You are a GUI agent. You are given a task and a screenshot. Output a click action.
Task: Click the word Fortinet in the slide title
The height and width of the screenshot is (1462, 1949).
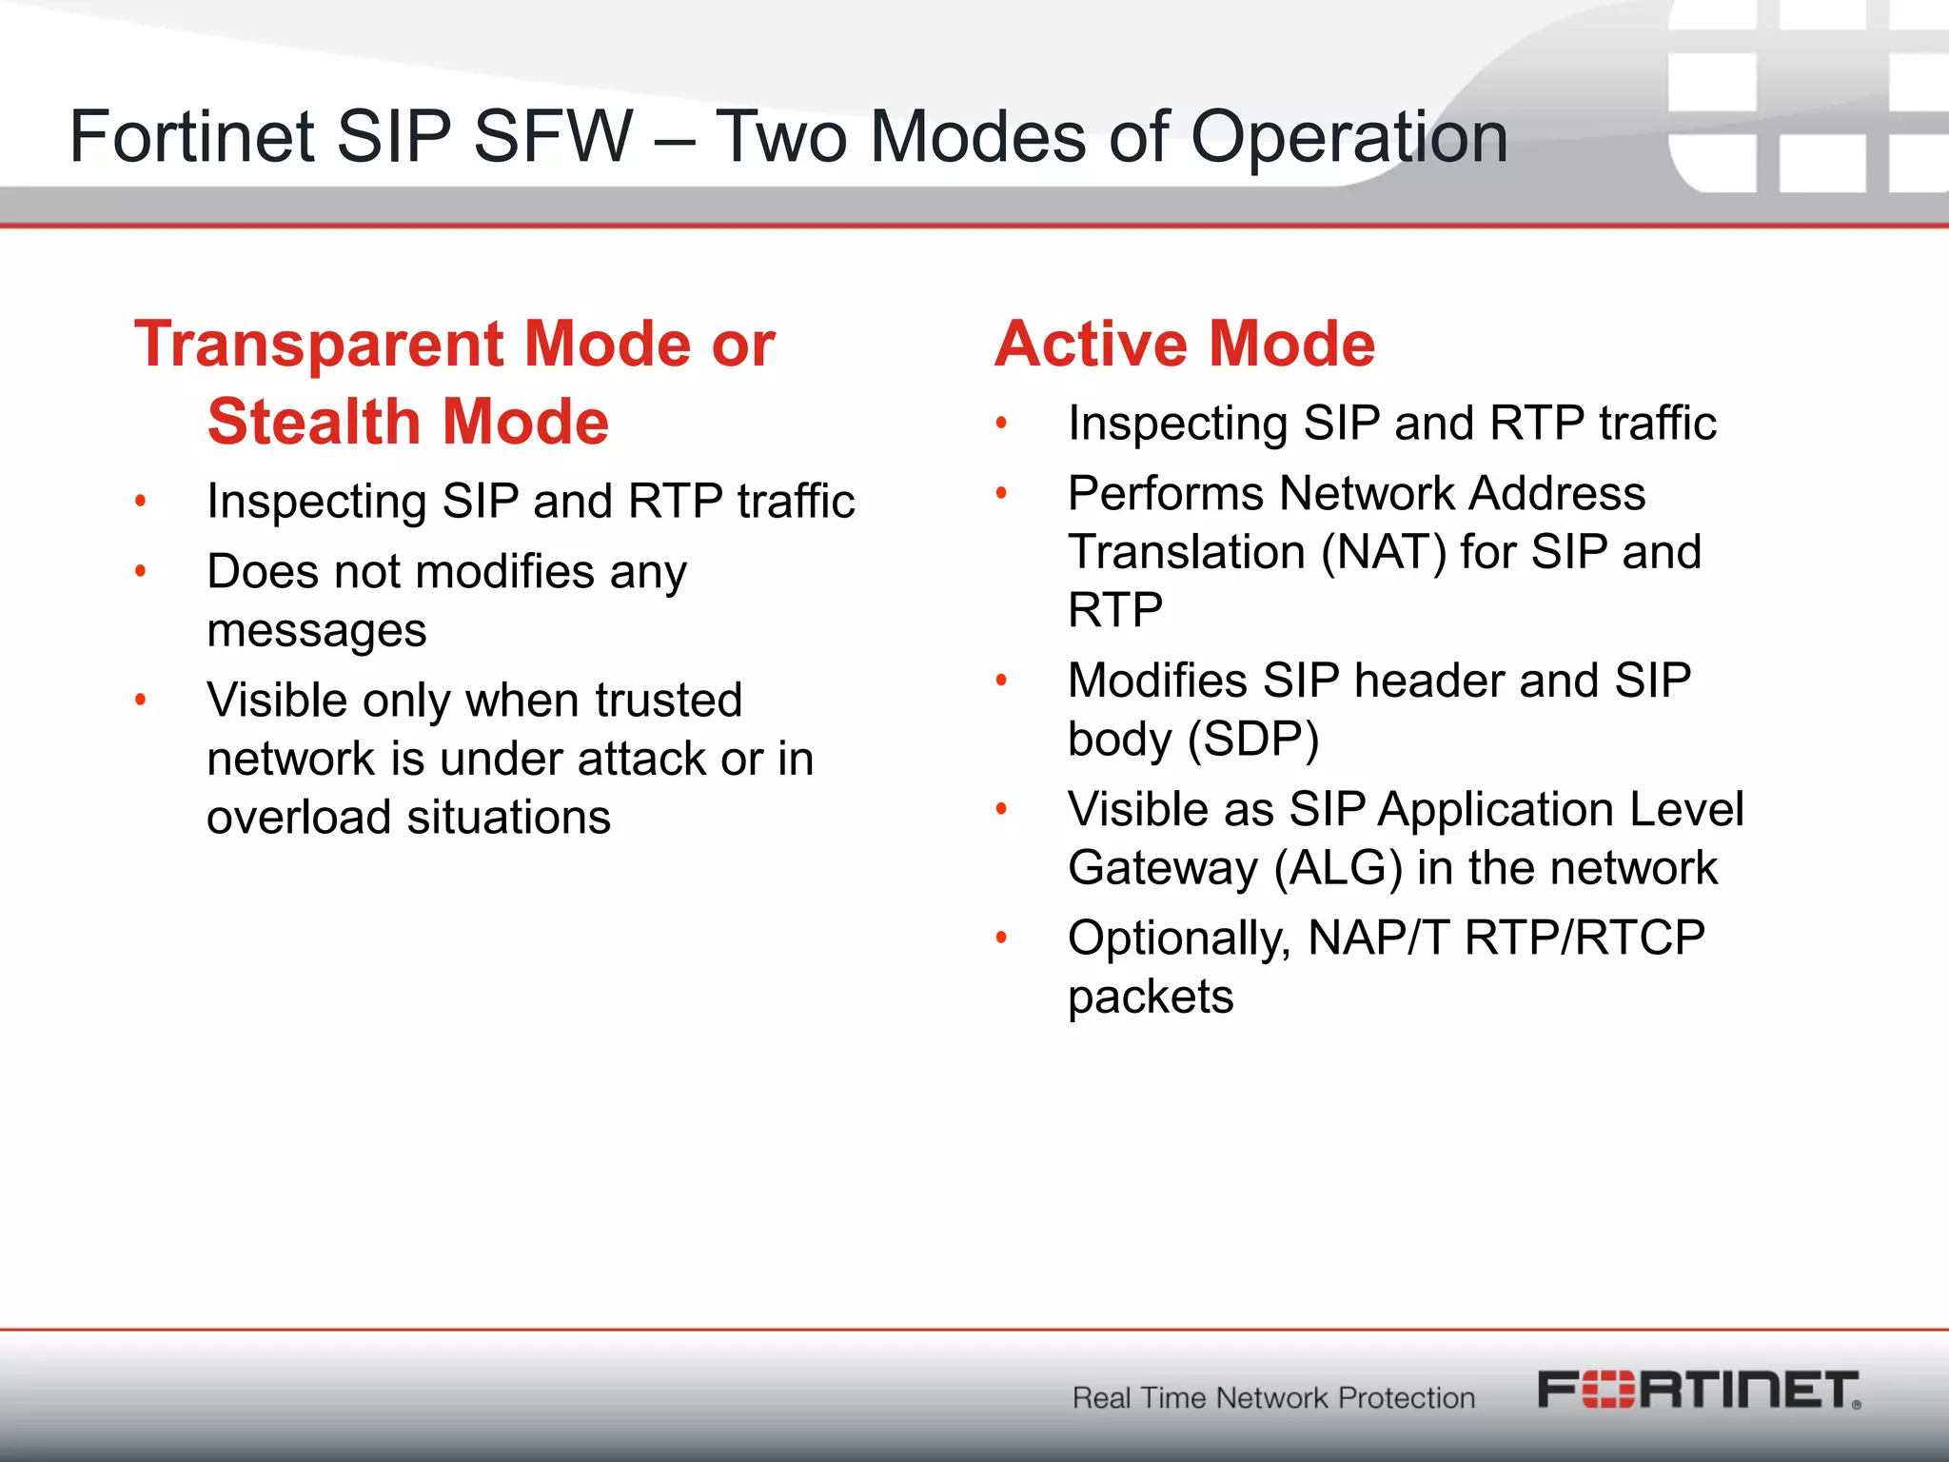pyautogui.click(x=191, y=137)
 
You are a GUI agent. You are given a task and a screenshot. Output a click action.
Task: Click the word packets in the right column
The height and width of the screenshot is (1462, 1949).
pyautogui.click(x=1150, y=998)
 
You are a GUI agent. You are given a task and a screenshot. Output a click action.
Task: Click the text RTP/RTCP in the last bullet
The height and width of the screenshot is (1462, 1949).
pyautogui.click(x=1585, y=938)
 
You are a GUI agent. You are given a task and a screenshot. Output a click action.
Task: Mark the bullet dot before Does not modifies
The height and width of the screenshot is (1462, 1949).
pyautogui.click(x=141, y=572)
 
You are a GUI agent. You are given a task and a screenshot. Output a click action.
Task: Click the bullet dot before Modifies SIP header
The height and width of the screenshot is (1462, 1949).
pyautogui.click(x=1001, y=681)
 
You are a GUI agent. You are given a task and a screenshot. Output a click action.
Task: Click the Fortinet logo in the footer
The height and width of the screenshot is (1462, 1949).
pyautogui.click(x=1699, y=1391)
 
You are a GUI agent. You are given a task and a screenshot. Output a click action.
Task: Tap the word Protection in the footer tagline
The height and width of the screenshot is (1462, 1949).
pyautogui.click(x=1406, y=1398)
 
